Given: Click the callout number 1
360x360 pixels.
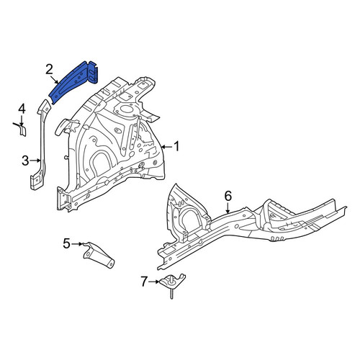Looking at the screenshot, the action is coord(176,146).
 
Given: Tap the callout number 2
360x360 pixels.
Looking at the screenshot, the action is coord(49,70).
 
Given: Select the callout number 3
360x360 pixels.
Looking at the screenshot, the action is coord(25,161).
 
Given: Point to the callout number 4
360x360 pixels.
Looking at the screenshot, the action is coord(22,109).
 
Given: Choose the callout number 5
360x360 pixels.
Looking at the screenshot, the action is coord(66,243).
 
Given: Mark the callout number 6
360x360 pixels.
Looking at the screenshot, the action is coord(228,196).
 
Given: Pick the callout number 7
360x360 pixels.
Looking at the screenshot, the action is coord(144,282).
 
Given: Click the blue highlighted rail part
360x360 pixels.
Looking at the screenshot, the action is coord(74,81).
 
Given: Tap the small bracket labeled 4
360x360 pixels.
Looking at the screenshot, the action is coord(21,130).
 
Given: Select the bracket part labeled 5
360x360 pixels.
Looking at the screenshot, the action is coord(99,255).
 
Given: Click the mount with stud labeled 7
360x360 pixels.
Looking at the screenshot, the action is coord(172,283).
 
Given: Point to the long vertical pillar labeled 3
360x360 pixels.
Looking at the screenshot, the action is coord(41,146).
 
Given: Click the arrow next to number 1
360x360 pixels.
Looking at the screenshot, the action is coord(166,146).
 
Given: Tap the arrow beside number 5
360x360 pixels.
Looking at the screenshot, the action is coord(77,244).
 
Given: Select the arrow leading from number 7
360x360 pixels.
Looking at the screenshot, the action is coord(153,282).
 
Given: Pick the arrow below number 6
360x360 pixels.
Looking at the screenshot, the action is coord(228,208).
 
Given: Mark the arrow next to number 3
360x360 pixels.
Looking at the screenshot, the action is coord(35,161).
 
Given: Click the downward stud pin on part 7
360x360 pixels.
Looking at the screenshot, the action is coord(172,294).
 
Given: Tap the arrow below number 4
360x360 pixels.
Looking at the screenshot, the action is coord(22,121).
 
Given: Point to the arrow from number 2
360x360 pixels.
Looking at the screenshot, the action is coord(55,80).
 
